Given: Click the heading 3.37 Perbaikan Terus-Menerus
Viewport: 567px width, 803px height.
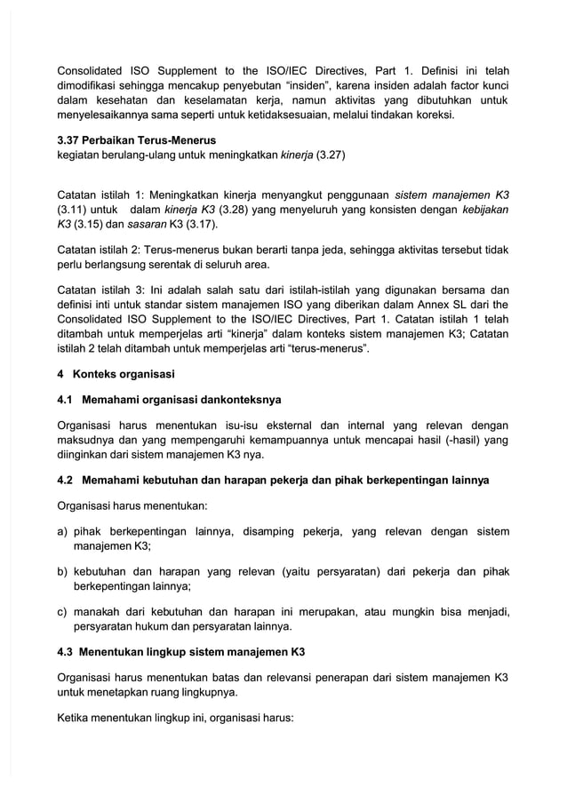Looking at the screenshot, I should click(136, 140).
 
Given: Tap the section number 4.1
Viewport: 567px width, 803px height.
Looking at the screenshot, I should click(66, 399).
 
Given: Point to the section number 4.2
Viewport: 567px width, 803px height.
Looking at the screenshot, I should click(66, 481).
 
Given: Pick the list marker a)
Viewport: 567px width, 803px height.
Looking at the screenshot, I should click(63, 531).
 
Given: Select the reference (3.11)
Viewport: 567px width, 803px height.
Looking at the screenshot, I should click(74, 210).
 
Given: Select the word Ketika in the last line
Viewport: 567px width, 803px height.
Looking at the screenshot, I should click(75, 717).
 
